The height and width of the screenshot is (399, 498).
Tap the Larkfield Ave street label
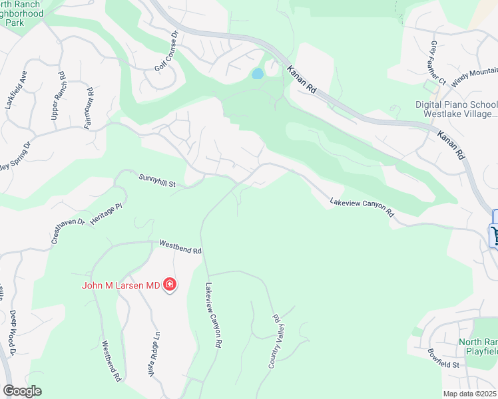17,92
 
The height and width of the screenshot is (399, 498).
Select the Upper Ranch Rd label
58,96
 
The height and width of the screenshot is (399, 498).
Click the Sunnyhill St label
156,180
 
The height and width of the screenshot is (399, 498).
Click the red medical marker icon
170,285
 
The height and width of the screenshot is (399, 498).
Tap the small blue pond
257,74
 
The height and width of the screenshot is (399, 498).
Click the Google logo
22,391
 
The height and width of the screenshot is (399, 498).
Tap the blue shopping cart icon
495,235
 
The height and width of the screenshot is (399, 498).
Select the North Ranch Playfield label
478,346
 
